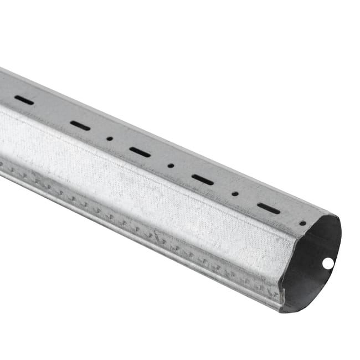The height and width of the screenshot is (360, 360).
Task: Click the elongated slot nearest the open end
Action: pos(269,208)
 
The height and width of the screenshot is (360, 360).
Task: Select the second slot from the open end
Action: pos(203,179)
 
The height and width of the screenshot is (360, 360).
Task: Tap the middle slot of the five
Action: pos(140,152)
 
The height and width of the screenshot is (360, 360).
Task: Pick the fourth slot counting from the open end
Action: pos(80,126)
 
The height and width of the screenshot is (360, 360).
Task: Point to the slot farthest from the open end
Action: pos(24,100)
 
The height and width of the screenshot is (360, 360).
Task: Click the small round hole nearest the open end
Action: pos(302,223)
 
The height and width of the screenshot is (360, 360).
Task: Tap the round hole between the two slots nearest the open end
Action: pos(235,194)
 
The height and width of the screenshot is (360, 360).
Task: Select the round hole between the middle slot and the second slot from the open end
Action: pos(171,165)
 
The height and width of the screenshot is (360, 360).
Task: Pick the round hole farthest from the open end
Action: pos(110,138)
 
